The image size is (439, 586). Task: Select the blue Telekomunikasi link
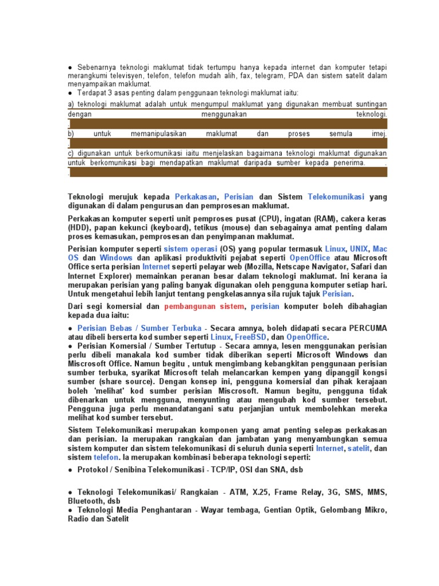336,197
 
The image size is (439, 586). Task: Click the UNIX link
359,250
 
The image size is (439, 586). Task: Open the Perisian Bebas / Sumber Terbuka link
139,328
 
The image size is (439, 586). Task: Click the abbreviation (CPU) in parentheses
270,219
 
